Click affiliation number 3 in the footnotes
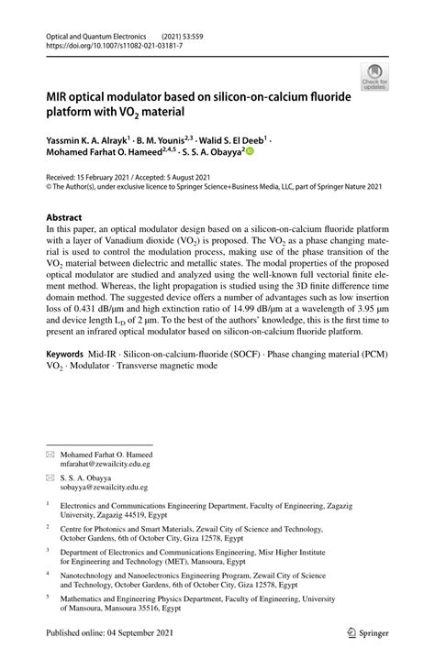coord(49,551)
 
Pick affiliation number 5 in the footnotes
coord(49,595)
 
